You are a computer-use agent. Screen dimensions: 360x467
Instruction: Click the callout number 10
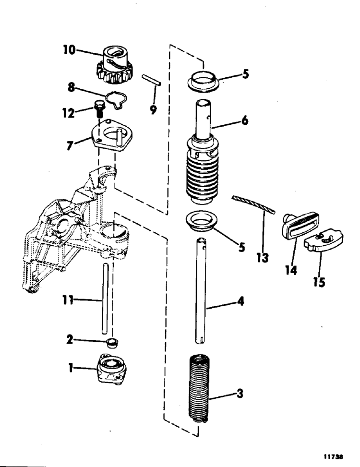(70, 50)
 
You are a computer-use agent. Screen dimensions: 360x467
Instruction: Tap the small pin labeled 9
(152, 80)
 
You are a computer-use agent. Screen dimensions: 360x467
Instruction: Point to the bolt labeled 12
(99, 109)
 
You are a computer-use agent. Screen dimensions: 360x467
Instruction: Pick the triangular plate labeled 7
(112, 135)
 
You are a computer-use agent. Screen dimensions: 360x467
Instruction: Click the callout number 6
(244, 120)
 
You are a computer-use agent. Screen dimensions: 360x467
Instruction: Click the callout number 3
(240, 394)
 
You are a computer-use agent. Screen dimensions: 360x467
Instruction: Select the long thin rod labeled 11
(105, 299)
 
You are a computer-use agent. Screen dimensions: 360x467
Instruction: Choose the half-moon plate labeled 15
(324, 240)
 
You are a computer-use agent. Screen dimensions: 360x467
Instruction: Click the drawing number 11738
(334, 456)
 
